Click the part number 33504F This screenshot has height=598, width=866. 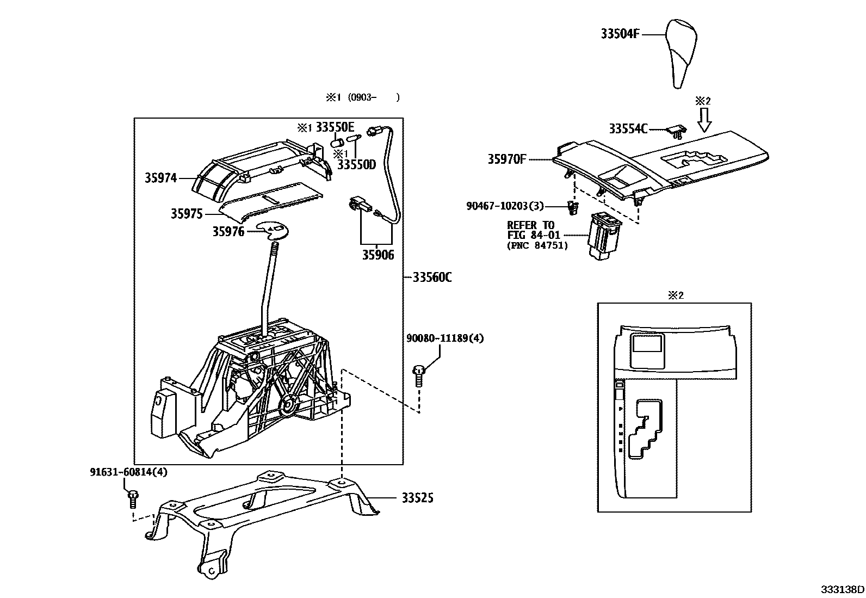click(620, 34)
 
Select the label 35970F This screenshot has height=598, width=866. click(507, 159)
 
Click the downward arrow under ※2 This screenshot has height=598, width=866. click(704, 120)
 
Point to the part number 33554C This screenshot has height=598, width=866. click(628, 129)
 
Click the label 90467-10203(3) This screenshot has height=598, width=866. click(505, 206)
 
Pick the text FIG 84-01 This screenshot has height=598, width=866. click(530, 236)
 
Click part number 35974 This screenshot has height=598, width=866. click(161, 177)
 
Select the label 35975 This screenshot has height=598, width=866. click(187, 214)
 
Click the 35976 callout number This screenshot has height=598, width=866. click(228, 232)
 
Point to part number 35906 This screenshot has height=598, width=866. click(378, 255)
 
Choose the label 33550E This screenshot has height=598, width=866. click(335, 128)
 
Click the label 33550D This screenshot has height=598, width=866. click(357, 164)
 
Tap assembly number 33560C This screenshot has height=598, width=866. click(432, 278)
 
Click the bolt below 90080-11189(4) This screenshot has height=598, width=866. click(419, 375)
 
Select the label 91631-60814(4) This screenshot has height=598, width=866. click(129, 472)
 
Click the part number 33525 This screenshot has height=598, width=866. click(418, 498)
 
